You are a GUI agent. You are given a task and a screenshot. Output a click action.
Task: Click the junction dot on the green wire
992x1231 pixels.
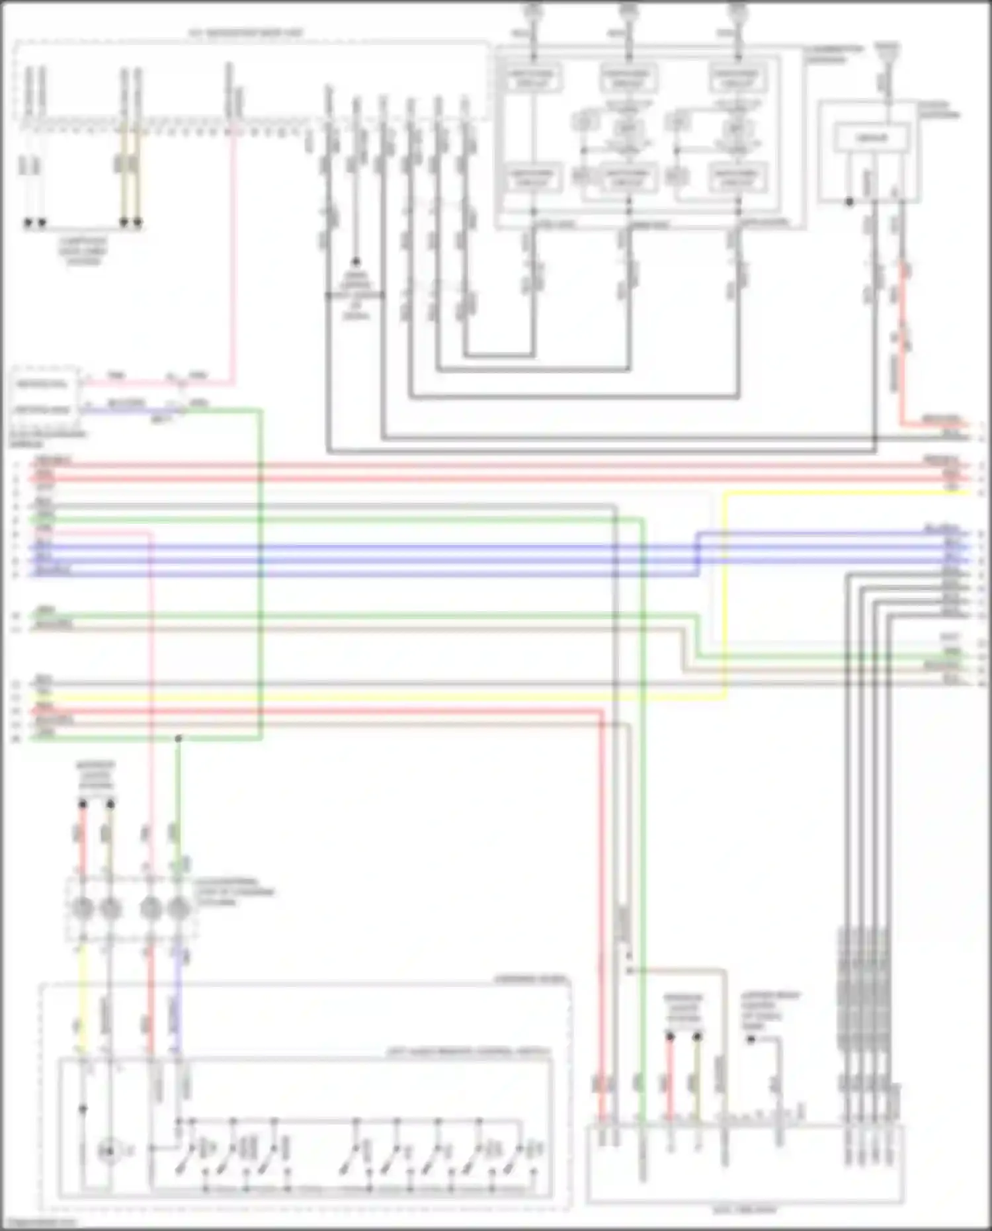pyautogui.click(x=177, y=738)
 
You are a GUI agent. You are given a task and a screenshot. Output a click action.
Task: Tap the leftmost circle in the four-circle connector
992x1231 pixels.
pyautogui.click(x=83, y=908)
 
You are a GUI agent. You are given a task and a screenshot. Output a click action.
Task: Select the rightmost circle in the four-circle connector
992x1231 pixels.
pyautogui.click(x=177, y=908)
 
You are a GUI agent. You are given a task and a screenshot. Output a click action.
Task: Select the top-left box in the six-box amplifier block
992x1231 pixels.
pyautogui.click(x=533, y=78)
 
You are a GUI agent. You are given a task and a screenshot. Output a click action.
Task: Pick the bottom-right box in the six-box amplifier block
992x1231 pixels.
pyautogui.click(x=737, y=177)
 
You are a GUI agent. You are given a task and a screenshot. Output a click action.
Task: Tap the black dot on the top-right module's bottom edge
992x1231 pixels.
pyautogui.click(x=850, y=202)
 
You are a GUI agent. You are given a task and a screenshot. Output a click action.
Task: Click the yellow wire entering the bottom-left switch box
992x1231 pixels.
pyautogui.click(x=81, y=992)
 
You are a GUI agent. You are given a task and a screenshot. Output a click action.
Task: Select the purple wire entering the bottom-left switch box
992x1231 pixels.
pyautogui.click(x=177, y=992)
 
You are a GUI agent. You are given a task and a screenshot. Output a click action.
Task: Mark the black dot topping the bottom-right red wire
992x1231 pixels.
pyautogui.click(x=669, y=1037)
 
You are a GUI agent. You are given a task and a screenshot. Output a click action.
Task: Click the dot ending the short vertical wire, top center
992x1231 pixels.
pyautogui.click(x=356, y=261)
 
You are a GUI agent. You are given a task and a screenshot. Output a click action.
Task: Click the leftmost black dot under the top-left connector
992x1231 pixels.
pyautogui.click(x=28, y=223)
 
